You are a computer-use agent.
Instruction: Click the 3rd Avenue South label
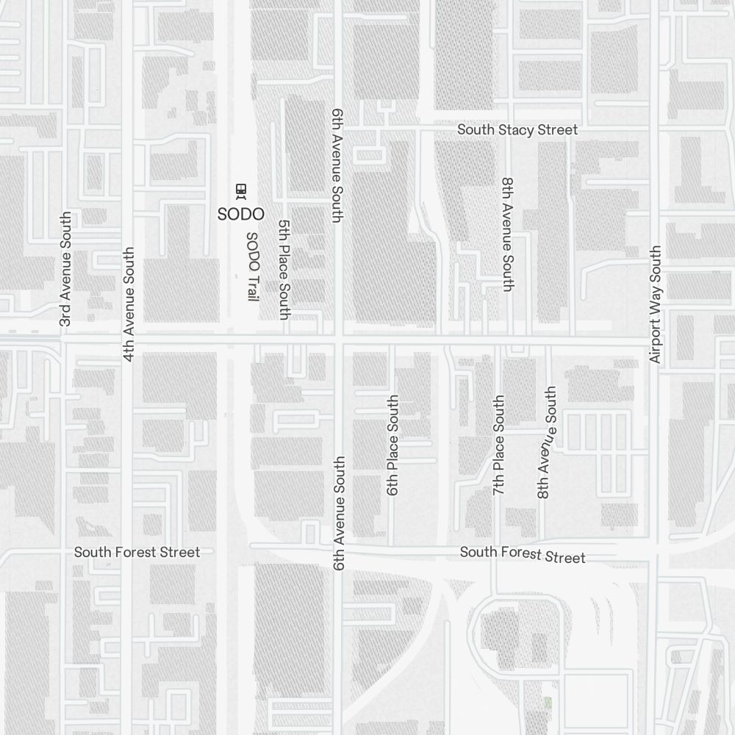coord(66,269)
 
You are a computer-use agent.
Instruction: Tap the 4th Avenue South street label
coord(129,304)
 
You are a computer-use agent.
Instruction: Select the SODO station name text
coord(240,215)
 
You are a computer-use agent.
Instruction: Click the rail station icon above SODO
coord(240,191)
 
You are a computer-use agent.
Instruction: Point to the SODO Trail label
coord(251,266)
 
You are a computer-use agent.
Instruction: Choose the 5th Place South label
coord(284,269)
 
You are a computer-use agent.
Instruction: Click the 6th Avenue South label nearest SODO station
coord(337,165)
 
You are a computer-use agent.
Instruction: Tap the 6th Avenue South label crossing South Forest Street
coord(339,513)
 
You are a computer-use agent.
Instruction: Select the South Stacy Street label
coord(517,130)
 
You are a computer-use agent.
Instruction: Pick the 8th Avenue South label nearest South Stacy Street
coord(506,234)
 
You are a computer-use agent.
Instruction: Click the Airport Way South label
coord(656,304)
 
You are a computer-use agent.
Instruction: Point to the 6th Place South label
coord(393,445)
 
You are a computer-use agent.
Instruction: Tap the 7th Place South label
coord(499,445)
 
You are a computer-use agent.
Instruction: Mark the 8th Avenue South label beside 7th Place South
coord(547,442)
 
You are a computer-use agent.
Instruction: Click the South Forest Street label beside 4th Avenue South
coord(137,552)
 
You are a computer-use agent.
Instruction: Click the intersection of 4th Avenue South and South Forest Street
coord(129,552)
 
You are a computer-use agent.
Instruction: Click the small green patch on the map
coord(548,703)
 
